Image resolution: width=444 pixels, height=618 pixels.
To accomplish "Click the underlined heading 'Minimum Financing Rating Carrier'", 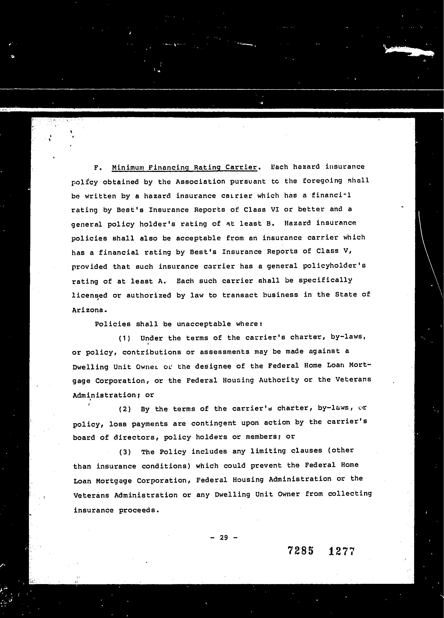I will coord(184,167).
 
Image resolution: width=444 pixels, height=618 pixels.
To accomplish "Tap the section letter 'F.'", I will coord(98,168).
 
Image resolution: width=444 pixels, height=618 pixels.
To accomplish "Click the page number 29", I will coord(224,538).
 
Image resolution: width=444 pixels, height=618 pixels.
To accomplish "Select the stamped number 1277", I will coord(341,551).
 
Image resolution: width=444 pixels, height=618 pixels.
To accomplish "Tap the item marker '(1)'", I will coord(125,338).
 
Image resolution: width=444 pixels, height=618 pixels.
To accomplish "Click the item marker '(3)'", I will coord(125,452).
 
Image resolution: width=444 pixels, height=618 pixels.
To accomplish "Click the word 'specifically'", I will coord(325,280).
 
